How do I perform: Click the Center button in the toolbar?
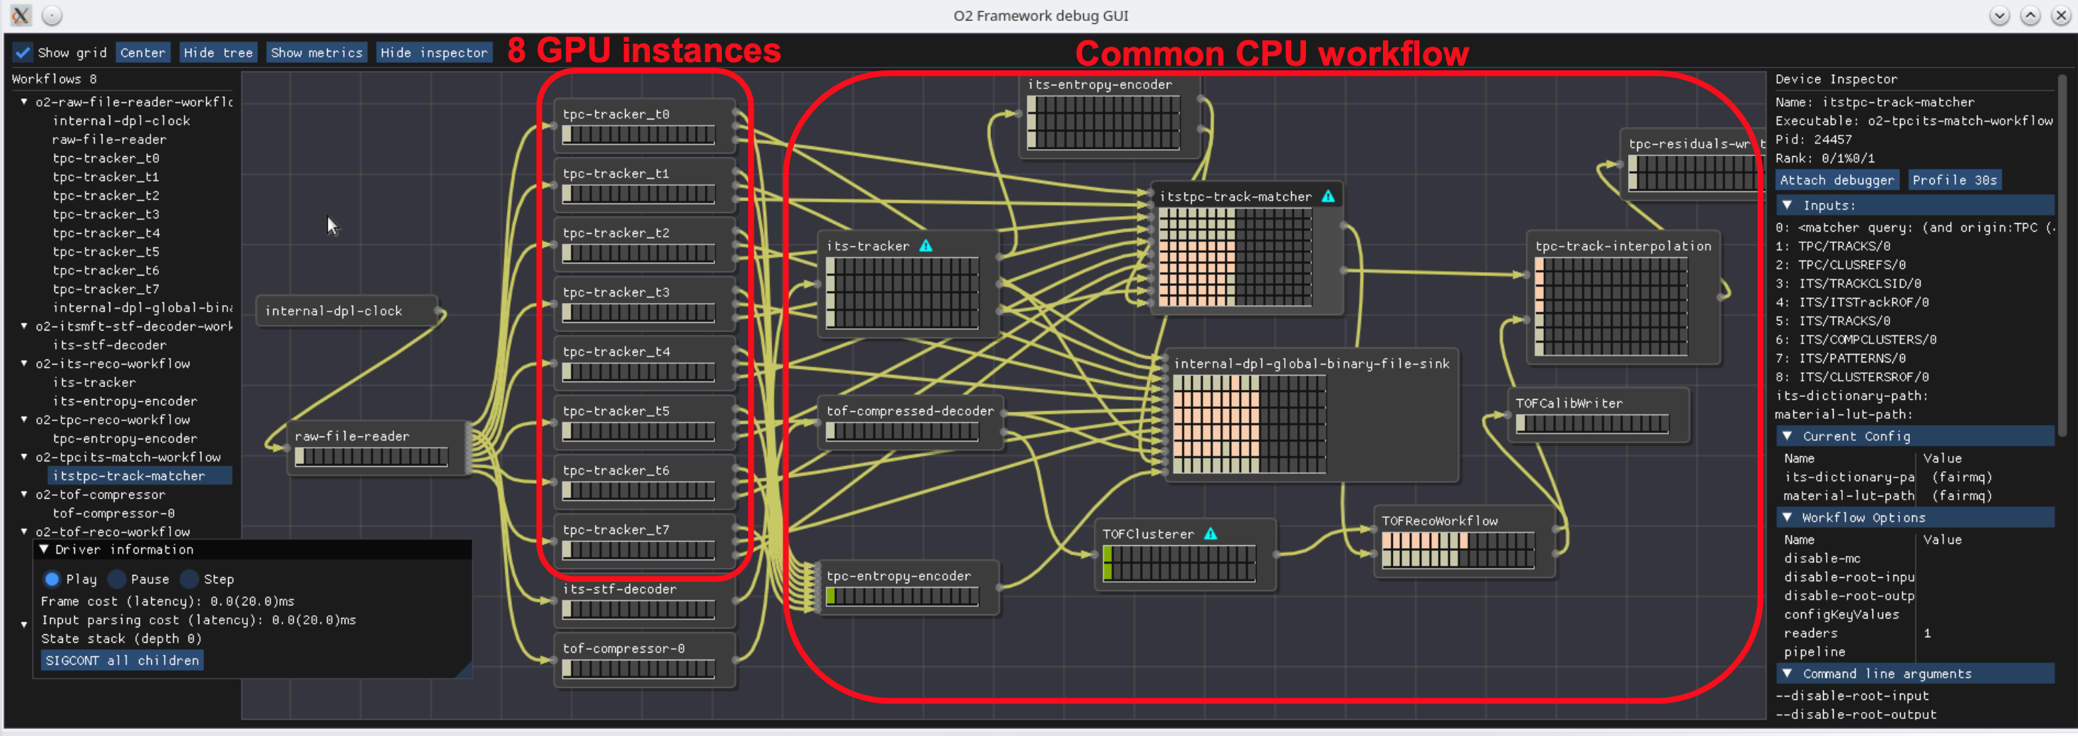143,52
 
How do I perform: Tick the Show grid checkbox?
23,52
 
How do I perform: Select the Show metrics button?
316,52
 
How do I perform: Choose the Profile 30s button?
1954,180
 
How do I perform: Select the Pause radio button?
118,578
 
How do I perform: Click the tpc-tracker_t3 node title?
617,292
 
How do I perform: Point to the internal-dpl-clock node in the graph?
333,311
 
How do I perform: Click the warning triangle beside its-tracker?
926,245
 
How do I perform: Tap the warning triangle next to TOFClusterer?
1210,533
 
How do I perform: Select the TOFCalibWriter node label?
1569,403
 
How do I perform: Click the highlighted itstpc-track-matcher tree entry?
129,475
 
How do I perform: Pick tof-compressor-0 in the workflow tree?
113,513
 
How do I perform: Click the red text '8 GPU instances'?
643,51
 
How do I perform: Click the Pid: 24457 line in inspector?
1813,139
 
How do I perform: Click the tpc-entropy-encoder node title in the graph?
898,576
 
